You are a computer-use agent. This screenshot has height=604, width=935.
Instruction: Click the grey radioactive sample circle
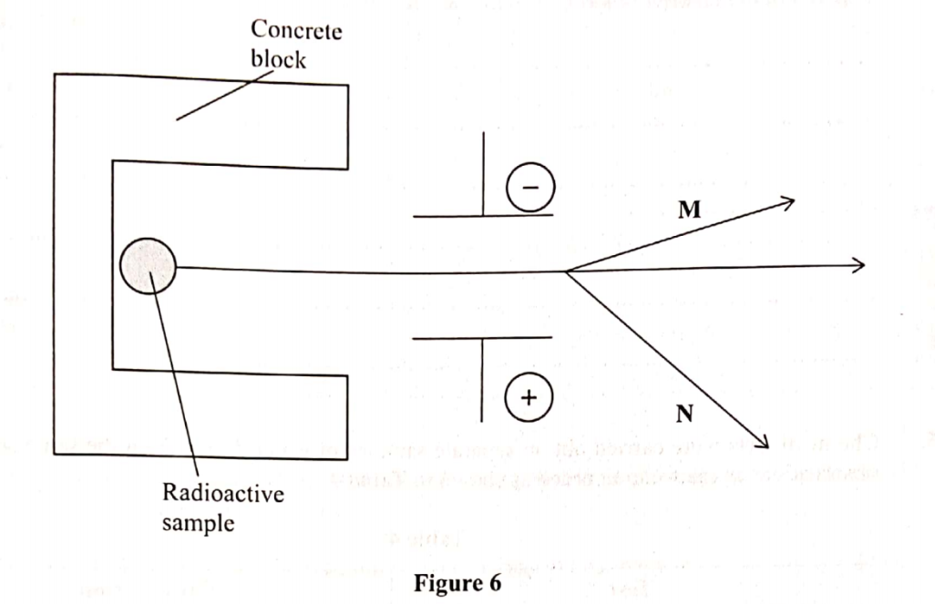click(x=148, y=266)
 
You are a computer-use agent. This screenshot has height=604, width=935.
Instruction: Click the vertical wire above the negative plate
click(x=483, y=173)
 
